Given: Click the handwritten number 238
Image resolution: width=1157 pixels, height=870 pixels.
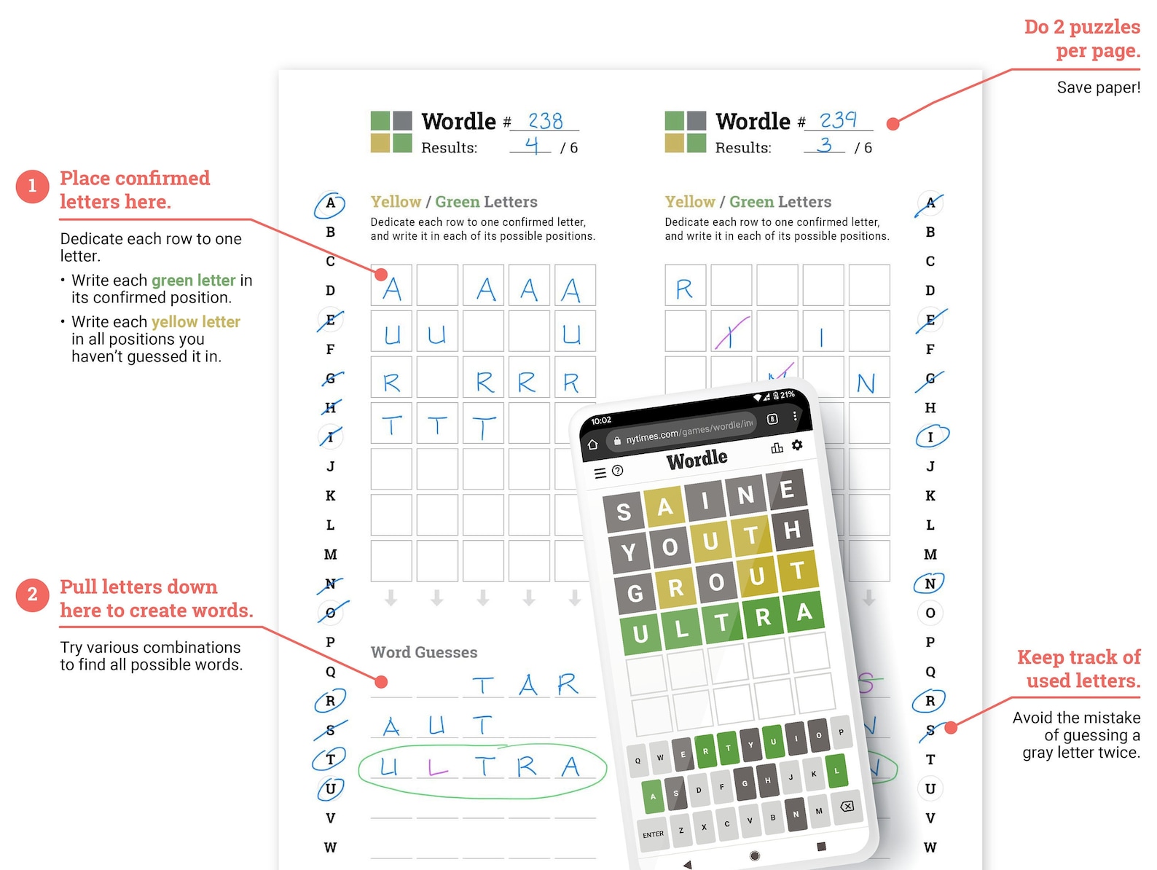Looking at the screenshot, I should tap(545, 120).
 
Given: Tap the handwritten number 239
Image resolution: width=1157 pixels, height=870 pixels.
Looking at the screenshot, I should tap(838, 119).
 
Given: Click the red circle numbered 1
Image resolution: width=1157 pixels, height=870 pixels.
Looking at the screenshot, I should tap(32, 187).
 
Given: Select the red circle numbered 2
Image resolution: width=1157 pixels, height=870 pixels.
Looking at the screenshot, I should tap(32, 595).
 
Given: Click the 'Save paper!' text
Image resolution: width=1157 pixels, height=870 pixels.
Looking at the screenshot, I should tap(1098, 87).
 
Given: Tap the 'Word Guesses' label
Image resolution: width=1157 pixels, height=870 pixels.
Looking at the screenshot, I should tap(424, 652).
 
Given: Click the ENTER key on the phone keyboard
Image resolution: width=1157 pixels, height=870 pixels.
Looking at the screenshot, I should tap(653, 834).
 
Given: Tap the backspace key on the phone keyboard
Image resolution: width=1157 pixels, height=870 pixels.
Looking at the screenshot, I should tap(847, 806).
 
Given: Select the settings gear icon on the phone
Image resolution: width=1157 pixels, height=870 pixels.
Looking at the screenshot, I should tap(797, 444).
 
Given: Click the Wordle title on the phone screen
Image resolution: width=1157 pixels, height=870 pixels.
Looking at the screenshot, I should tap(697, 459).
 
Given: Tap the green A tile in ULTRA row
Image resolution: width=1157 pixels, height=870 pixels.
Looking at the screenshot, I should tap(804, 611).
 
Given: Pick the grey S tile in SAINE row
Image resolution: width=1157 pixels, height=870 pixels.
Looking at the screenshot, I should tap(624, 512).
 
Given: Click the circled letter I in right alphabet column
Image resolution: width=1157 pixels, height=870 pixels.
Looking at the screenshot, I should tap(930, 436).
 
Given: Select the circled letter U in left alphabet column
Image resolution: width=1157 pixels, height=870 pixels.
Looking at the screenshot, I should tap(330, 788).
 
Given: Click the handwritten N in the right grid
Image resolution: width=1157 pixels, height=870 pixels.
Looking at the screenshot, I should tap(866, 383).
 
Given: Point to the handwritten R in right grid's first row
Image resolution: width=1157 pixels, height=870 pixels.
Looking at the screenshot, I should tap(684, 289).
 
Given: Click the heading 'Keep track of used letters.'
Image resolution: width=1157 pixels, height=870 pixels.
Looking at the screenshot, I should tap(1078, 669).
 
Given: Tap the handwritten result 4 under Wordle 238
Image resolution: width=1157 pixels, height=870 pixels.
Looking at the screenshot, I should tap(532, 146).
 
